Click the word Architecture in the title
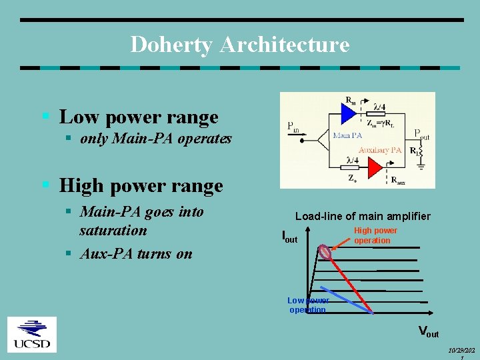tap(284, 45)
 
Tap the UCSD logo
tap(31, 335)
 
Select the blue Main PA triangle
tap(348, 113)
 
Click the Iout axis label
tap(289, 236)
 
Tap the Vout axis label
tap(428, 331)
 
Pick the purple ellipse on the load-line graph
tap(325, 252)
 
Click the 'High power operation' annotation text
tap(375, 235)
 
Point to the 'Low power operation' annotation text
tap(307, 305)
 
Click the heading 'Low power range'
tap(139, 117)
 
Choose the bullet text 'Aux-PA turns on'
tap(135, 253)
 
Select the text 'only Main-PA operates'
tap(155, 139)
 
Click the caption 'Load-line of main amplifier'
tap(363, 216)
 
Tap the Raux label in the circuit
tap(397, 179)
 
